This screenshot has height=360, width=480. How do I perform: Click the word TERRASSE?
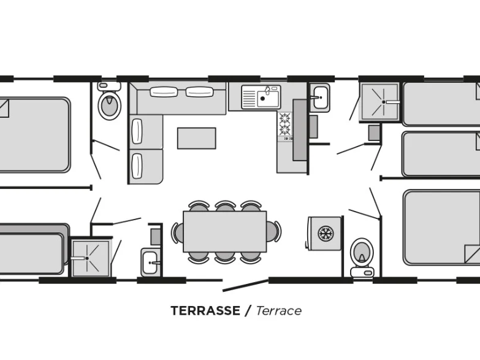pyautogui.click(x=205, y=311)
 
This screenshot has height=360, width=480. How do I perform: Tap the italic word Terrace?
pyautogui.click(x=278, y=311)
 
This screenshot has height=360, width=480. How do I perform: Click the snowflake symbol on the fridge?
pyautogui.click(x=326, y=234)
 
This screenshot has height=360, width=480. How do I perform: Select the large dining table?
pyautogui.click(x=225, y=231)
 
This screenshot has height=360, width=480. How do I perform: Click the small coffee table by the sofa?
pyautogui.click(x=197, y=138)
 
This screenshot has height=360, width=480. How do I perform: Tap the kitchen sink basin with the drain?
pyautogui.click(x=268, y=99)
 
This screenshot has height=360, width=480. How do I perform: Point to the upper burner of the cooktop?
pyautogui.click(x=284, y=118)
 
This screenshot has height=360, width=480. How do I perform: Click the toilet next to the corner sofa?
pyautogui.click(x=109, y=101)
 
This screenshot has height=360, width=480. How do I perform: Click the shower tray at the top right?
pyautogui.click(x=380, y=102)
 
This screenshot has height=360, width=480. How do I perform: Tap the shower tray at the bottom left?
pyautogui.click(x=91, y=258)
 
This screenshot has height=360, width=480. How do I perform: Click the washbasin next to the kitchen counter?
pyautogui.click(x=320, y=98)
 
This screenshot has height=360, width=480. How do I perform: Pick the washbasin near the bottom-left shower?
pyautogui.click(x=150, y=262)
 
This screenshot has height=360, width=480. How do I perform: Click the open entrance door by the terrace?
pyautogui.click(x=245, y=285)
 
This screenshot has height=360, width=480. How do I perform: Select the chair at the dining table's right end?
pyautogui.click(x=274, y=231)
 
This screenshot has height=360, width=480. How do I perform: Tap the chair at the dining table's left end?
pyautogui.click(x=178, y=232)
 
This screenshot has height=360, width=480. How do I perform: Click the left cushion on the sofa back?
pyautogui.click(x=164, y=92)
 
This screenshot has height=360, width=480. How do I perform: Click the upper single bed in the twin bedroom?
pyautogui.click(x=441, y=104)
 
